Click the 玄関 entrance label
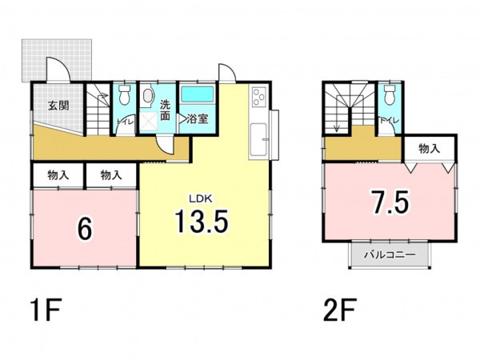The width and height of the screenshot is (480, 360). pyautogui.click(x=58, y=106)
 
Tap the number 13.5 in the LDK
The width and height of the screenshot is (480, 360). pyautogui.click(x=202, y=221)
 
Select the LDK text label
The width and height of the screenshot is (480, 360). pyautogui.click(x=201, y=199)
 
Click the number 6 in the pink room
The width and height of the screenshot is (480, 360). pyautogui.click(x=85, y=230)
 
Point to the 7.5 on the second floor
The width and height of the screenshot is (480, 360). pyautogui.click(x=390, y=202)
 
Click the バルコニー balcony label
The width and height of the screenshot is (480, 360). pyautogui.click(x=390, y=254)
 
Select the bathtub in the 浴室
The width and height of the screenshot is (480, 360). pyautogui.click(x=198, y=94)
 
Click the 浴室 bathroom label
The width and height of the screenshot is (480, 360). pyautogui.click(x=198, y=118)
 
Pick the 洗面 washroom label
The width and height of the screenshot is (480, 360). pyautogui.click(x=165, y=111)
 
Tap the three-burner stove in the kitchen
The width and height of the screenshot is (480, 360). pyautogui.click(x=259, y=96)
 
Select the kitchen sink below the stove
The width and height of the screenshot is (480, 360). pyautogui.click(x=259, y=139)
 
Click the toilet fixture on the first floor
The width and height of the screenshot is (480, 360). pyautogui.click(x=124, y=94)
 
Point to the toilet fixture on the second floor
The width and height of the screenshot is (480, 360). pyautogui.click(x=389, y=95)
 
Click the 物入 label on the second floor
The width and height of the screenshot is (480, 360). pyautogui.click(x=430, y=149)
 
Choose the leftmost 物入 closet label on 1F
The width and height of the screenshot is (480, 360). pyautogui.click(x=58, y=175)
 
